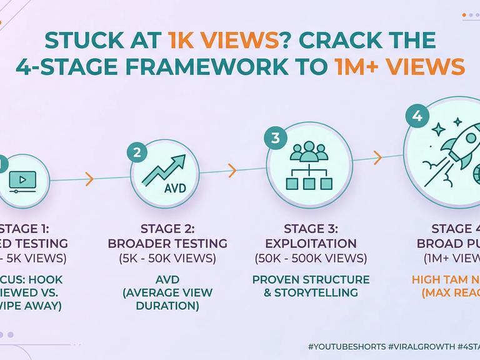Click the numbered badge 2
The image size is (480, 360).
click(x=136, y=152)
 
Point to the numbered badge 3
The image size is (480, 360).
click(x=275, y=137)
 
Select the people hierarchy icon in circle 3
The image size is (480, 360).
click(x=307, y=165)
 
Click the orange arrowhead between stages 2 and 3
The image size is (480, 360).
click(x=232, y=169)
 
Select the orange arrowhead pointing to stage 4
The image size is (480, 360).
click(x=377, y=156)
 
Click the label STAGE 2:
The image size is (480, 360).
click(x=167, y=227)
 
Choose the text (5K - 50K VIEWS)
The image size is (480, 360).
click(x=167, y=257)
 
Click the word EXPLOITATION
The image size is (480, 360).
click(x=311, y=242)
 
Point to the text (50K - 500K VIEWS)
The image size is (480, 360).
click(x=311, y=257)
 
